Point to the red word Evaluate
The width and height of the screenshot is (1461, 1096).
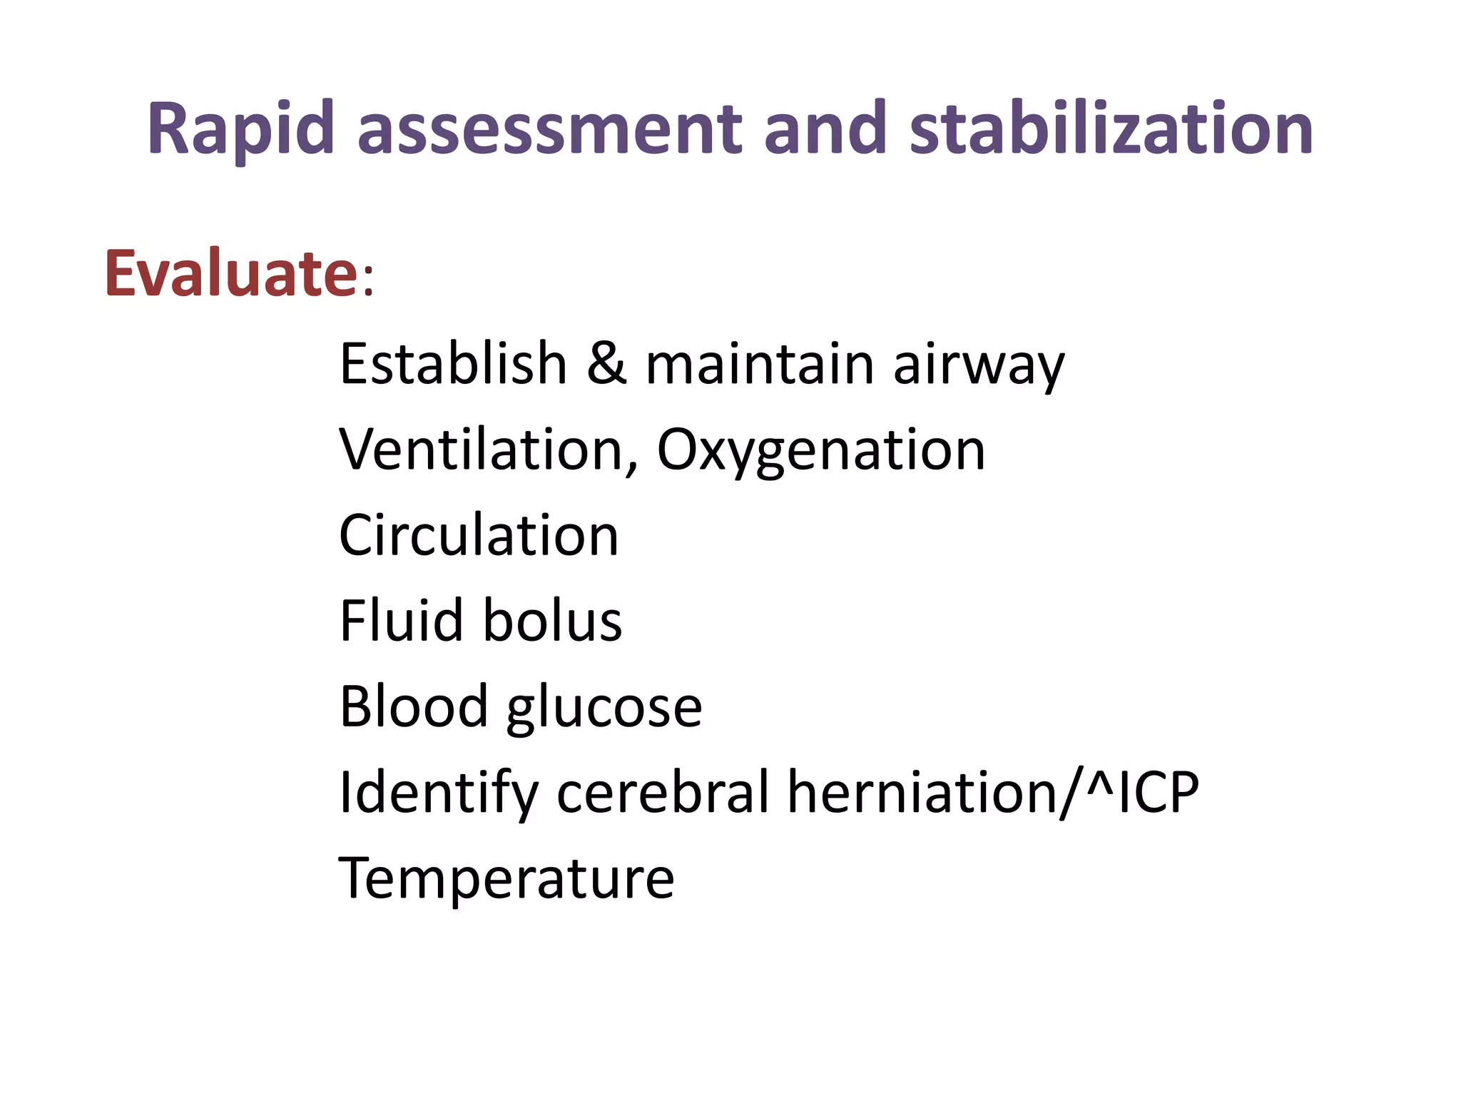click(230, 273)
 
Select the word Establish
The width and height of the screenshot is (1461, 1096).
click(453, 364)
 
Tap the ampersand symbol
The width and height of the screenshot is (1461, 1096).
click(606, 364)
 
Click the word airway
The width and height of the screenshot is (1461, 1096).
click(979, 365)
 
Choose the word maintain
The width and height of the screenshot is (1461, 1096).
click(760, 364)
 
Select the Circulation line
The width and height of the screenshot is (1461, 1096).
click(479, 535)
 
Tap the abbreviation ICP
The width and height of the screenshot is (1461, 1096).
click(1158, 792)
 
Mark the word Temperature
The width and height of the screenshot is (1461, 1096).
click(506, 878)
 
